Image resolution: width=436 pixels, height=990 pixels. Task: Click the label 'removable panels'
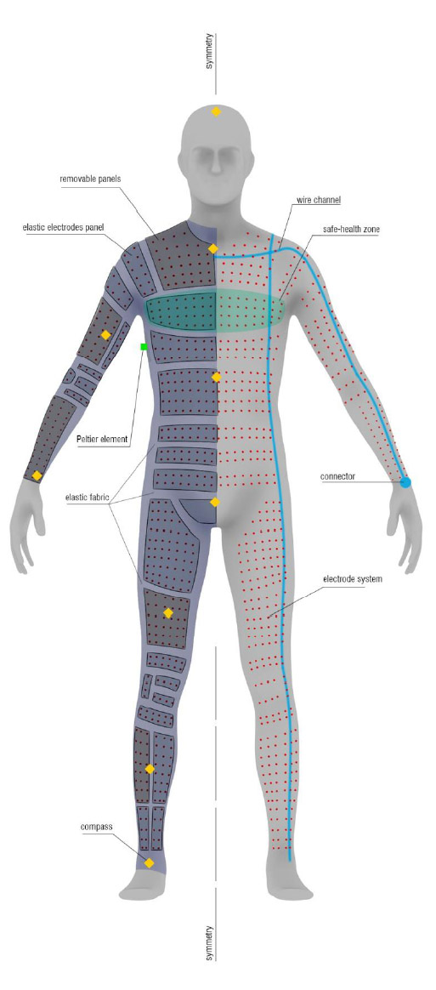coord(90,179)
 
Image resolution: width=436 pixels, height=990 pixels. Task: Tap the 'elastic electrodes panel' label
coord(63,227)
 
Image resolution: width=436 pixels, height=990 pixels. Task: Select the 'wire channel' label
coord(319,200)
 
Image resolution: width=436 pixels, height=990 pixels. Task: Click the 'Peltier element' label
coord(102,439)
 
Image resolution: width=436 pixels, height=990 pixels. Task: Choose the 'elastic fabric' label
coord(87,497)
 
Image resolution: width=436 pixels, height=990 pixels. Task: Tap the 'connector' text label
coord(337,476)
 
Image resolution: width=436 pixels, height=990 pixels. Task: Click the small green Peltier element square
coord(144,347)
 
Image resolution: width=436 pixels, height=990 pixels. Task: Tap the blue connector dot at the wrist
coord(405,482)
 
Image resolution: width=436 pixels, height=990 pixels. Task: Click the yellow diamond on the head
coord(216,111)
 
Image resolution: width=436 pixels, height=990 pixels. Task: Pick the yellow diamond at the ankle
coord(149,862)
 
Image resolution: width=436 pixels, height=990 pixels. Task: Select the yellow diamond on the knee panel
coord(167,612)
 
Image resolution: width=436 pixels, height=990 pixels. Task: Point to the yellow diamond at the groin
coord(214,502)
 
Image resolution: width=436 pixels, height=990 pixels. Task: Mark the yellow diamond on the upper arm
coord(105,334)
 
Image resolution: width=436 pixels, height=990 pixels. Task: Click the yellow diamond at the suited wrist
coord(37,475)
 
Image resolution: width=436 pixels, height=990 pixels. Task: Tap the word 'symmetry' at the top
coord(209,50)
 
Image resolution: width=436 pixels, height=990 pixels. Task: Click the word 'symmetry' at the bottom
coord(209,942)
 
